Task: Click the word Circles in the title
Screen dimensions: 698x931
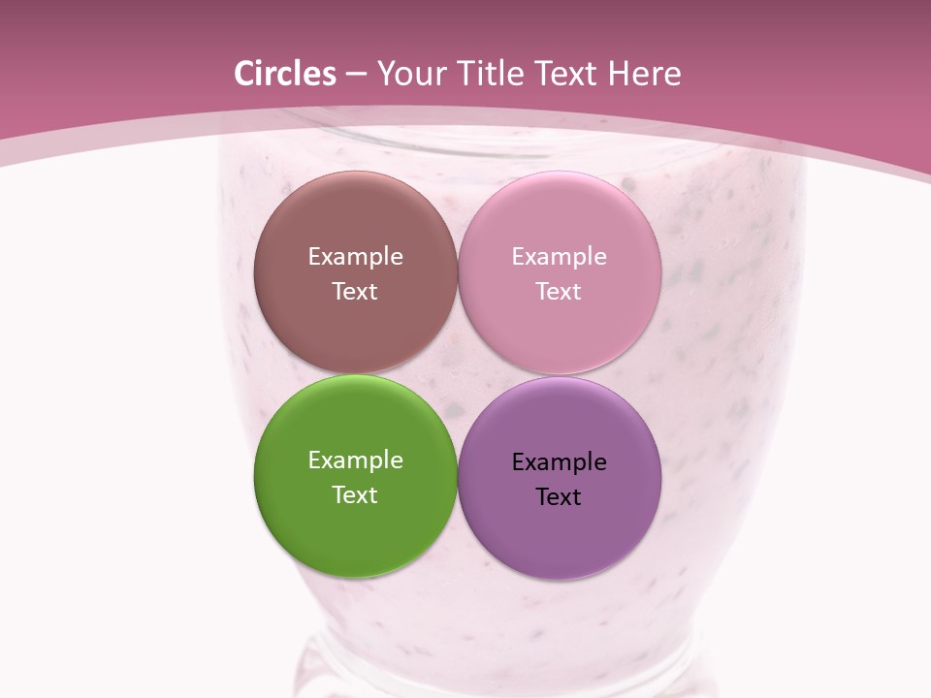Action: [285, 74]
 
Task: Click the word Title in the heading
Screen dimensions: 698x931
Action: [490, 74]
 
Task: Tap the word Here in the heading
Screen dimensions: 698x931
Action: [644, 74]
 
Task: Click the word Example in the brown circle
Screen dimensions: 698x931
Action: [355, 256]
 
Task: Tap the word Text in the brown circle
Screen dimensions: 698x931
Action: [355, 291]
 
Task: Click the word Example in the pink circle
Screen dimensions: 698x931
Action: [559, 256]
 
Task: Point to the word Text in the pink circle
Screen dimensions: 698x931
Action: [559, 291]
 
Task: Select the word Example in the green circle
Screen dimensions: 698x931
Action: [355, 460]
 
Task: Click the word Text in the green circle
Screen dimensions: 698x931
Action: [355, 494]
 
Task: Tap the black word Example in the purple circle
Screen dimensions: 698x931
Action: [559, 461]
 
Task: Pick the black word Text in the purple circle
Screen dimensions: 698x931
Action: [559, 496]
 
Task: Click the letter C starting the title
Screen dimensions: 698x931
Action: [244, 74]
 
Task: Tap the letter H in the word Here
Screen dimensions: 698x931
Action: [618, 74]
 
